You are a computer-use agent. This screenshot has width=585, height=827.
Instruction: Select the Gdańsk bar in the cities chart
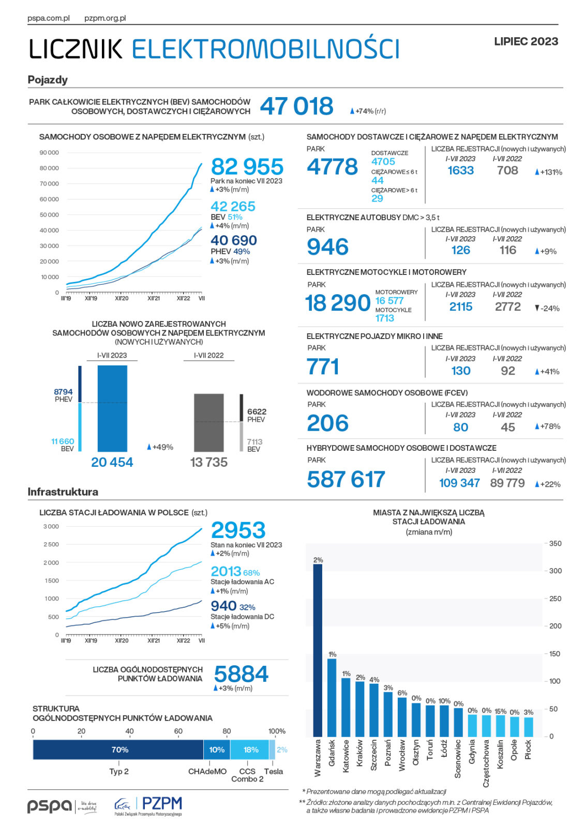coord(332,698)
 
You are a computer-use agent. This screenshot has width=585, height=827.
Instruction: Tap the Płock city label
coord(528,750)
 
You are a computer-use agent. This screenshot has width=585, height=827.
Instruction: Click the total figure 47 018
coord(296,106)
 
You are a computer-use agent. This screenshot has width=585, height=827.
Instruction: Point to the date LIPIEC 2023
coord(526,41)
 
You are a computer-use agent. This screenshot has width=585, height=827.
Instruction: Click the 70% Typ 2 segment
coord(118,749)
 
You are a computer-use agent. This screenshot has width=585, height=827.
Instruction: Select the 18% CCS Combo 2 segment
coord(249,749)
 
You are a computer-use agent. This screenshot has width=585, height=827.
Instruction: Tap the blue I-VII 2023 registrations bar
coord(112,408)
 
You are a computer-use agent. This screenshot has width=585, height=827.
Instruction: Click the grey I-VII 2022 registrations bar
coord(208,423)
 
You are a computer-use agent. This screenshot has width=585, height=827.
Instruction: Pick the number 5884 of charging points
coord(241,674)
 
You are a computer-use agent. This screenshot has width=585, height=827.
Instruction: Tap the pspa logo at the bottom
coord(50,806)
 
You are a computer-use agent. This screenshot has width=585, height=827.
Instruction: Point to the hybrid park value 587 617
coord(346,479)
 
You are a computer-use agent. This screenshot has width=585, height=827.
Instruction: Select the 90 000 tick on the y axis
coord(49,152)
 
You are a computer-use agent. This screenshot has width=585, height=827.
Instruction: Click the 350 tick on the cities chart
coord(555,544)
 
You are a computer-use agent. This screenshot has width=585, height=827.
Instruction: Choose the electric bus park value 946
coord(327,247)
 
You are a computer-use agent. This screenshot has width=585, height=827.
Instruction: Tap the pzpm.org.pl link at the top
coord(105,18)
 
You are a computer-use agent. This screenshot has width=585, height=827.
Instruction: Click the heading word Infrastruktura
coord(63,492)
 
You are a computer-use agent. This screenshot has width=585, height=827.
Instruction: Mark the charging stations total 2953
coord(238,530)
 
